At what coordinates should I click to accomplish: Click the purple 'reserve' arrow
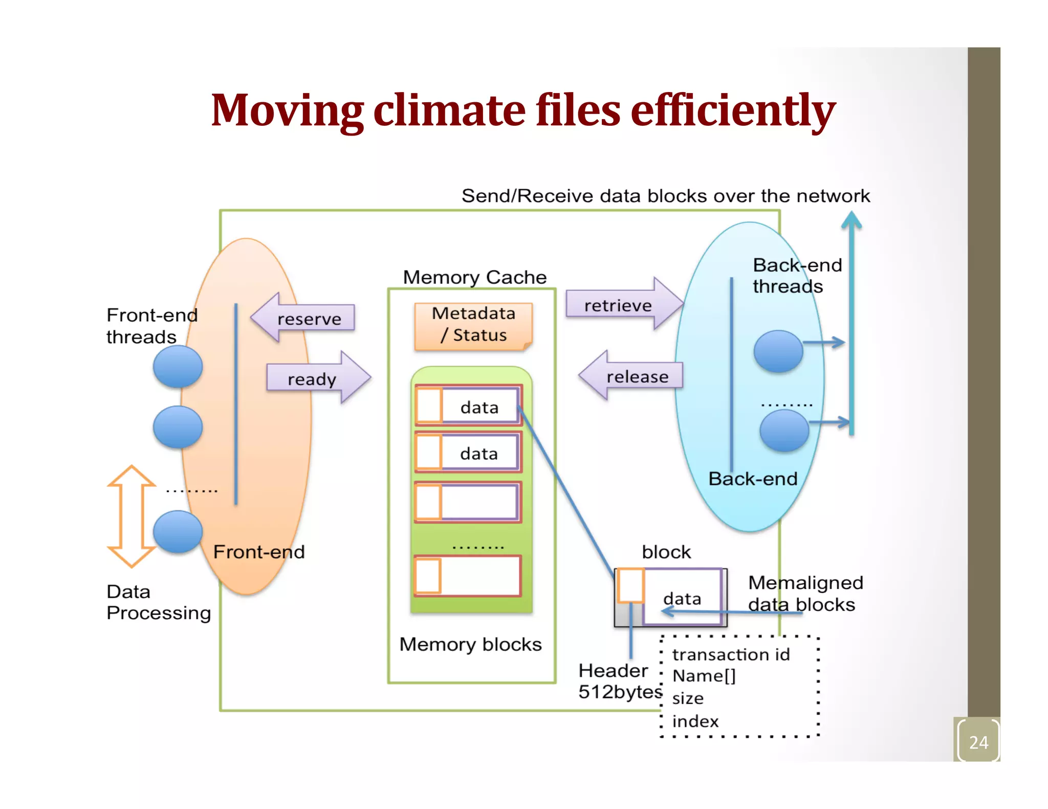click(x=304, y=318)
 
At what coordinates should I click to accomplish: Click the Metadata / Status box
click(x=473, y=325)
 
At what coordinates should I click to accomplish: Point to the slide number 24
click(x=978, y=742)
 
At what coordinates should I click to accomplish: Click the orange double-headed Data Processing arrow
click(x=132, y=516)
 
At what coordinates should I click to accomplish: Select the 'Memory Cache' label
click(x=475, y=277)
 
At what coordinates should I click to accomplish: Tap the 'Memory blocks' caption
click(x=470, y=644)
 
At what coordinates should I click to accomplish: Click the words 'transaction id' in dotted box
click(x=731, y=655)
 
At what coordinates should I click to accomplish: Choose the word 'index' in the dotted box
click(x=695, y=721)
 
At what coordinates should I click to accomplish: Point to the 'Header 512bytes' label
click(x=619, y=681)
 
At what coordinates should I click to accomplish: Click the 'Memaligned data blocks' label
click(x=804, y=593)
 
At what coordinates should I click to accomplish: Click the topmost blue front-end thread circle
click(x=178, y=367)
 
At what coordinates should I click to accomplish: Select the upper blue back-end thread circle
click(x=778, y=351)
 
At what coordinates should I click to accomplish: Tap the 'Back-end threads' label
click(x=796, y=276)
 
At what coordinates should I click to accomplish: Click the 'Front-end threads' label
click(x=151, y=326)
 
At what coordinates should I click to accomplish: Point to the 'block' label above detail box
click(x=666, y=552)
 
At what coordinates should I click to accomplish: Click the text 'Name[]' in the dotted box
click(x=704, y=676)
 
